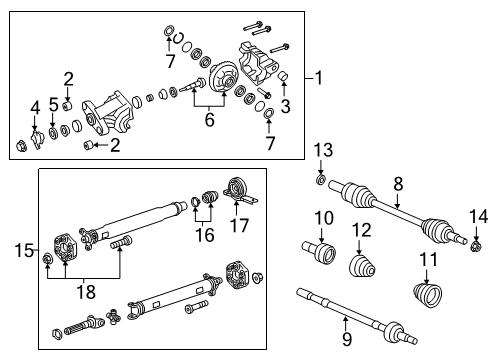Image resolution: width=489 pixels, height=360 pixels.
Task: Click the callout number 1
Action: [320, 78]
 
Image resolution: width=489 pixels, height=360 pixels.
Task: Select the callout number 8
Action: [397, 183]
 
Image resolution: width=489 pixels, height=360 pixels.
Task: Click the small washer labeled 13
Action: [321, 181]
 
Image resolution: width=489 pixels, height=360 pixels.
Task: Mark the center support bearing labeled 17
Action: [238, 186]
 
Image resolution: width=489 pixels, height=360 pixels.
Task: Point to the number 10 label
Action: [324, 218]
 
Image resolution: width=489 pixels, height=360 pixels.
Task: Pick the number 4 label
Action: [35, 106]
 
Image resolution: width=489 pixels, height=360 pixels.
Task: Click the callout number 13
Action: [321, 150]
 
